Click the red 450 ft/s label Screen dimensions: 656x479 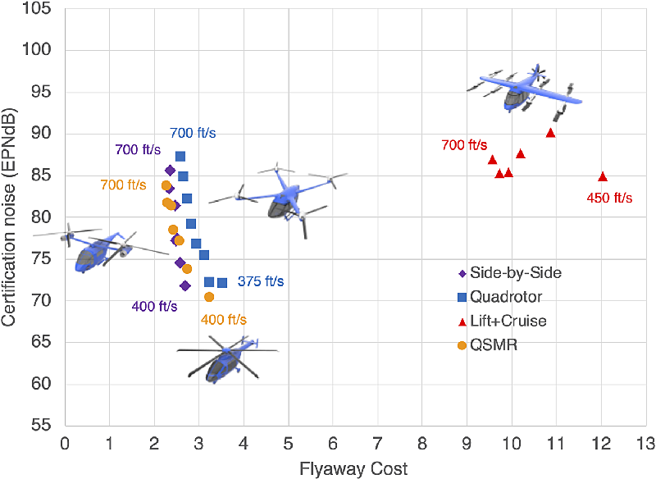[x=609, y=198]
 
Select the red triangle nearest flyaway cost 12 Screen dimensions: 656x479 [x=603, y=176]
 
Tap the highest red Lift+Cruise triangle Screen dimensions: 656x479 [x=550, y=133]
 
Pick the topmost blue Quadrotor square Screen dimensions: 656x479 [x=180, y=157]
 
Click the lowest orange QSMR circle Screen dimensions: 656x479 [x=209, y=297]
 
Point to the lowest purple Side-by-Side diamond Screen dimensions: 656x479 [x=185, y=285]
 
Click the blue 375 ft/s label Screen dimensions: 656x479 [x=261, y=281]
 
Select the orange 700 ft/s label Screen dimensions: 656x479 [x=124, y=185]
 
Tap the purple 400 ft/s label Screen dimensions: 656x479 [x=154, y=306]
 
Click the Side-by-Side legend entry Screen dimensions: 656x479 [x=510, y=273]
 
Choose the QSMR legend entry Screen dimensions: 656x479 [x=488, y=345]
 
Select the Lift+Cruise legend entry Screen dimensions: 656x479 [x=503, y=321]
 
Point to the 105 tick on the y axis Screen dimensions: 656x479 [x=36, y=7]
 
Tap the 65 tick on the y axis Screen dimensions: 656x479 [x=41, y=342]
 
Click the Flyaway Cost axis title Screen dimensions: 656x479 [x=353, y=469]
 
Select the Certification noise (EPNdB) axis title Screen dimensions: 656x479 [x=8, y=217]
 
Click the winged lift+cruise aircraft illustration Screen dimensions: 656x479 [x=525, y=93]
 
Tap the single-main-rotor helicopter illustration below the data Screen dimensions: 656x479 [x=228, y=359]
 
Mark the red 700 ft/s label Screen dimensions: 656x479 [x=464, y=144]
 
